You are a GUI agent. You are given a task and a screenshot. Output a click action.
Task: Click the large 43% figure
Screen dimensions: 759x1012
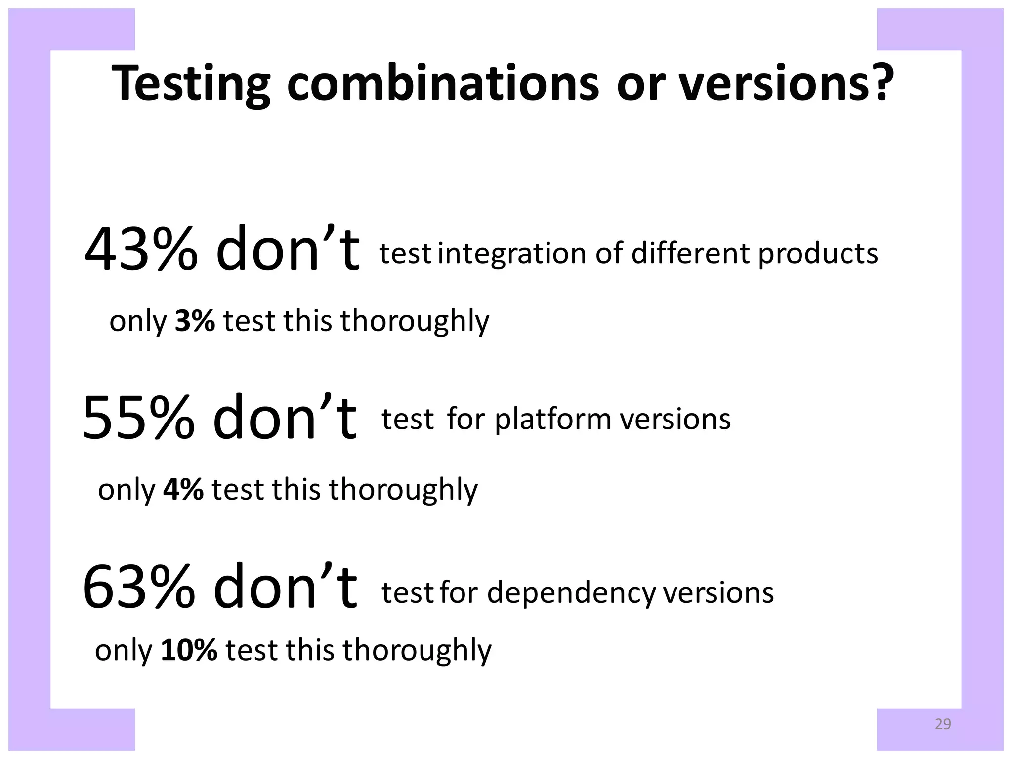click(141, 250)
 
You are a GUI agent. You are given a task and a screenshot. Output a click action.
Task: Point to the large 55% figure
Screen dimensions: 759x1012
click(139, 418)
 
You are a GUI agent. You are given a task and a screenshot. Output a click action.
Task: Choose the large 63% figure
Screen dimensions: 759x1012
click(139, 587)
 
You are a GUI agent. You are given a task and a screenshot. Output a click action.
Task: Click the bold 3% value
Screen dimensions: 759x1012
click(195, 321)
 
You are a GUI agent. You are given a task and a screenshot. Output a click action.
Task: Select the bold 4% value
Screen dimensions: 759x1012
click(183, 489)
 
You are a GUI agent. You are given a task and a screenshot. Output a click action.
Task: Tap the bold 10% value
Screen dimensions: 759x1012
click(189, 650)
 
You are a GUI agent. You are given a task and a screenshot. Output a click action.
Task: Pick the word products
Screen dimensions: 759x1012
click(818, 254)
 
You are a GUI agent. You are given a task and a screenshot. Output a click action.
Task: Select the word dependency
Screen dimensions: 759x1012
click(571, 593)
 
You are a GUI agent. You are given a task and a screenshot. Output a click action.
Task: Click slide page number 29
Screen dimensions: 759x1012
click(943, 724)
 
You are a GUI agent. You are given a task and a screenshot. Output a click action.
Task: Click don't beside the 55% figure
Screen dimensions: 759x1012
click(284, 418)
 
